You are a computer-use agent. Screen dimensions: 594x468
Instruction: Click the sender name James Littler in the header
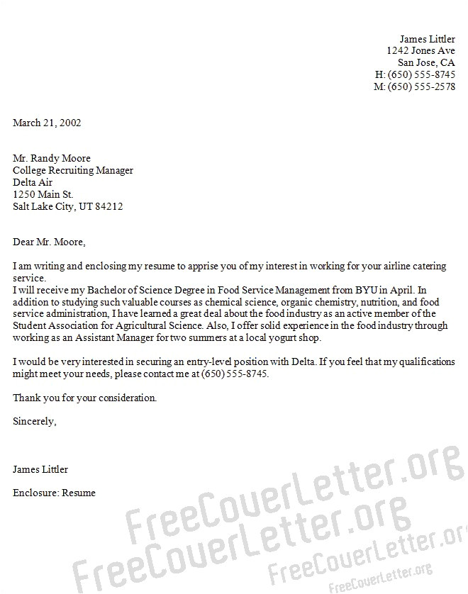pyautogui.click(x=427, y=39)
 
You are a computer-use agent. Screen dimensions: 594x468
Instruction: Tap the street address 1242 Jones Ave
pyautogui.click(x=420, y=51)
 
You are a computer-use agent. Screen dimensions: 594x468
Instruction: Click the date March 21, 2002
pyautogui.click(x=47, y=123)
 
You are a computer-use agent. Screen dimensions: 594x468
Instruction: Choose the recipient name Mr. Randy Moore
pyautogui.click(x=52, y=158)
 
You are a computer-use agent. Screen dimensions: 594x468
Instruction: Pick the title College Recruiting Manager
pyautogui.click(x=73, y=170)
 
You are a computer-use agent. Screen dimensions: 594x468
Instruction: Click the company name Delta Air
pyautogui.click(x=34, y=182)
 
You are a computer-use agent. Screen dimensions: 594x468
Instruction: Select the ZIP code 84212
pyautogui.click(x=109, y=207)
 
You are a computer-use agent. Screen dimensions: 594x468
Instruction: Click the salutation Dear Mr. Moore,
pyautogui.click(x=49, y=242)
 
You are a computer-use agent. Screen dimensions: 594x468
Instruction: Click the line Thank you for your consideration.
pyautogui.click(x=84, y=398)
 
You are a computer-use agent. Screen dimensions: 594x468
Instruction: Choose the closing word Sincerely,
pyautogui.click(x=34, y=421)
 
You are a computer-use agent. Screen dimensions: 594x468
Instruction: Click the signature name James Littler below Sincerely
pyautogui.click(x=40, y=469)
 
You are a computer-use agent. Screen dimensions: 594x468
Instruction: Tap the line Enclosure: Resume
pyautogui.click(x=54, y=493)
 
